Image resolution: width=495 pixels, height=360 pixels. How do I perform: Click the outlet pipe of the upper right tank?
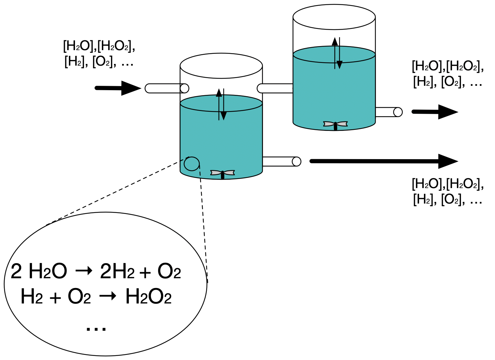(388, 112)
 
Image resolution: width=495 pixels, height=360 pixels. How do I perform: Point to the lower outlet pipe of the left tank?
(281, 161)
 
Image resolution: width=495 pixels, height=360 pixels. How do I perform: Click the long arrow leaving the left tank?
(383, 161)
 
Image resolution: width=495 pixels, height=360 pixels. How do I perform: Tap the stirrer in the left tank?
(222, 173)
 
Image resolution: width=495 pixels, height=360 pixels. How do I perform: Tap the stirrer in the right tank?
(335, 124)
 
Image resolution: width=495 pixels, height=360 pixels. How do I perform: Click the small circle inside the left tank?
(191, 164)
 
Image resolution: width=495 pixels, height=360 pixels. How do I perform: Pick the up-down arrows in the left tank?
(221, 104)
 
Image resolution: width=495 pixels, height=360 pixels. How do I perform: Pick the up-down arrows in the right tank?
(337, 53)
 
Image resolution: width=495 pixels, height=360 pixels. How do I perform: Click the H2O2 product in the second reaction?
(148, 297)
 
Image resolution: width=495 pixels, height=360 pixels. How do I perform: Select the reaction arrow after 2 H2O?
(84, 271)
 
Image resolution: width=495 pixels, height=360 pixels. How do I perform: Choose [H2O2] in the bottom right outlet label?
(464, 184)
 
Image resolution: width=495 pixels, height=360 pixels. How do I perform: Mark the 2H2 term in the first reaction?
(117, 272)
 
